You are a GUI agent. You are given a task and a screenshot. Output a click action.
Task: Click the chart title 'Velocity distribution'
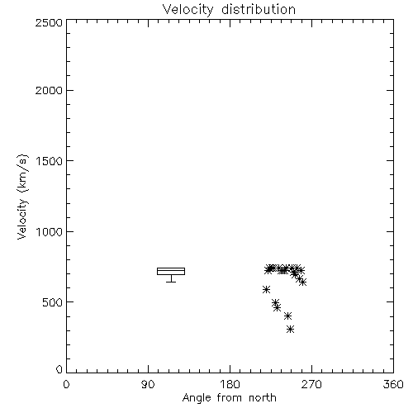click(229, 10)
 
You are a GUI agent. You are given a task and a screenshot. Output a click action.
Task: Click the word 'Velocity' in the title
click(188, 10)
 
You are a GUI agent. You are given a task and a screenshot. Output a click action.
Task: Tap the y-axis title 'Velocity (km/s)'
click(22, 197)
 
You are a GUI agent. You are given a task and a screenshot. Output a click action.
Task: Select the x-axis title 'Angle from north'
click(229, 398)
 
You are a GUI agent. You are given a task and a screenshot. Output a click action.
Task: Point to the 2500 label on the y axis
click(49, 22)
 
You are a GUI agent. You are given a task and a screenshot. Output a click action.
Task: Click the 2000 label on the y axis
click(49, 90)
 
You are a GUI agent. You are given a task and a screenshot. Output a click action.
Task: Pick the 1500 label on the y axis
click(50, 161)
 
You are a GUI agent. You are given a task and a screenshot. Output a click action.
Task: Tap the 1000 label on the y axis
click(50, 232)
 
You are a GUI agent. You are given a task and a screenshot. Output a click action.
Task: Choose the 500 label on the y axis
click(53, 302)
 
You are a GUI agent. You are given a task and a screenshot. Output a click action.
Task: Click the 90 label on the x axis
click(148, 384)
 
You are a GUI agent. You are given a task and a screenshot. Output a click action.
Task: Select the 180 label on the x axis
click(230, 384)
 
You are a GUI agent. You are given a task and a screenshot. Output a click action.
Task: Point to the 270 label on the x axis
click(311, 384)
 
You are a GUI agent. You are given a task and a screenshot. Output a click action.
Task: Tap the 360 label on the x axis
click(393, 384)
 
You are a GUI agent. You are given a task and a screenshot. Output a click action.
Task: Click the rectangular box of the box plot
click(171, 268)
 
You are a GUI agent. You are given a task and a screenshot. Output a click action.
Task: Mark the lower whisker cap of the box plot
click(171, 282)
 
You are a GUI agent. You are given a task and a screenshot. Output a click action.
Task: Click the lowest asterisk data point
click(290, 329)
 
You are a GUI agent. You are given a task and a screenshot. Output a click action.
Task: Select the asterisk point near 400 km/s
click(287, 316)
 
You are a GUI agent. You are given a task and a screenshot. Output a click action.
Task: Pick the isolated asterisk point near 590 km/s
click(266, 289)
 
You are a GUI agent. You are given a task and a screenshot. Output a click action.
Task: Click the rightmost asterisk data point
click(302, 282)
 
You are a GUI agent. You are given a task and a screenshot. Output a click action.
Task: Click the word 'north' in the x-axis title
click(263, 398)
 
